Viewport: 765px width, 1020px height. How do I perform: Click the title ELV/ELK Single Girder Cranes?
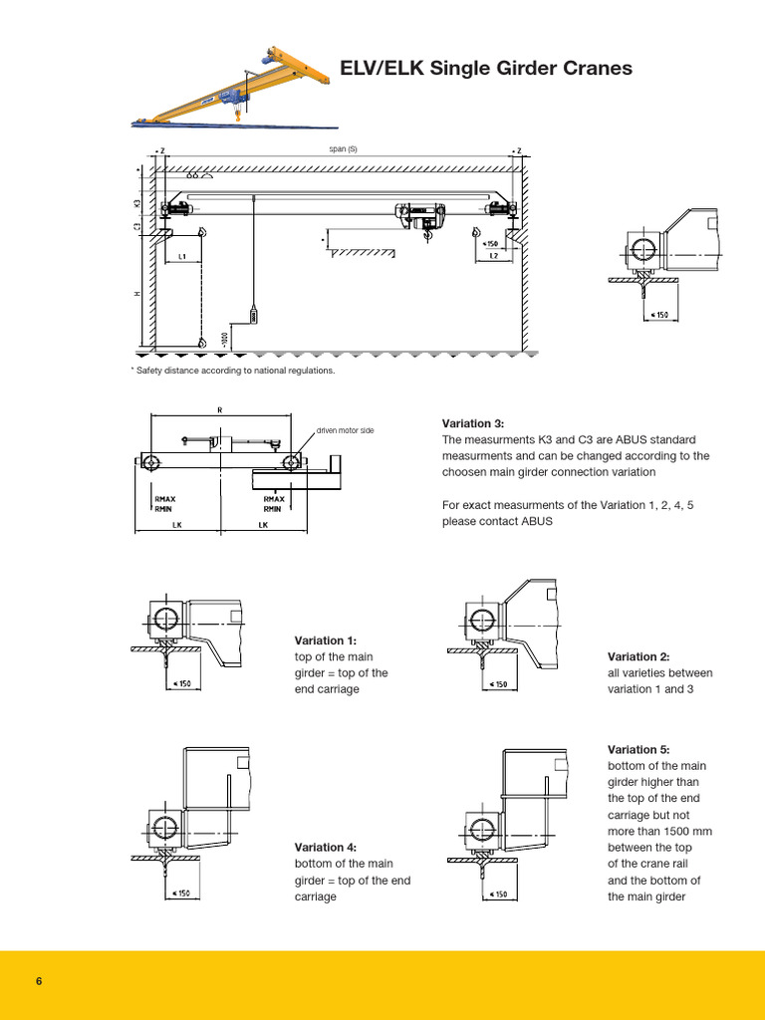coord(486,69)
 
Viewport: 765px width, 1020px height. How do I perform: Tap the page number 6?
coord(39,981)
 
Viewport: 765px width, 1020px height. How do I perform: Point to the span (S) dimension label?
coord(343,149)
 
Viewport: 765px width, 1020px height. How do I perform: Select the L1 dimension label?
coord(182,257)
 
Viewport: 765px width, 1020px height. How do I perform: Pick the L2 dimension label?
coord(493,257)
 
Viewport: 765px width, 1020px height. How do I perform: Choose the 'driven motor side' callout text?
coord(346,430)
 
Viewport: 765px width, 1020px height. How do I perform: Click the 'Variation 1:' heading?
coord(325,640)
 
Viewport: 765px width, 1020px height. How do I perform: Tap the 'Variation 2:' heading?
coord(638,656)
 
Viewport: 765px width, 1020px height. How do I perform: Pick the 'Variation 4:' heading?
coord(325,848)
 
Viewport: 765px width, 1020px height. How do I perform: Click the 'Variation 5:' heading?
coord(638,749)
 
